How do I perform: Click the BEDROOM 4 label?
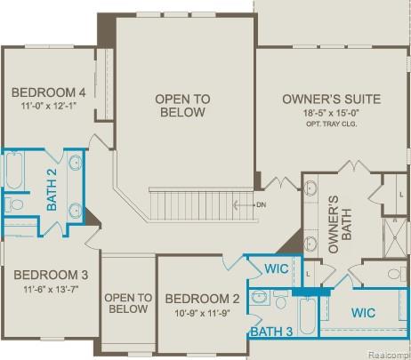[48, 92]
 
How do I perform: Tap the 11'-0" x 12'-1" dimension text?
[48, 107]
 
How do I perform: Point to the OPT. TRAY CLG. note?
[332, 126]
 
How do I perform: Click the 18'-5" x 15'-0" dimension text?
[332, 114]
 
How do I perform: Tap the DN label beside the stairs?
[260, 204]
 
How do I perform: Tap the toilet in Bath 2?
[16, 205]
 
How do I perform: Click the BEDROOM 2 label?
[202, 299]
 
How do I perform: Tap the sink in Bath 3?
[261, 298]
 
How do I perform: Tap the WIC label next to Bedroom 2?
[277, 268]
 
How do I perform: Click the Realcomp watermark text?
[389, 353]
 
